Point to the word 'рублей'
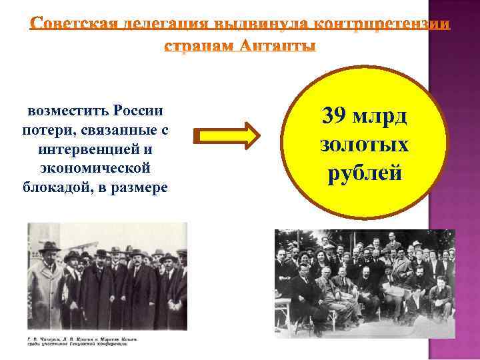coord(364,173)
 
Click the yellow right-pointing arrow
coord(225,135)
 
